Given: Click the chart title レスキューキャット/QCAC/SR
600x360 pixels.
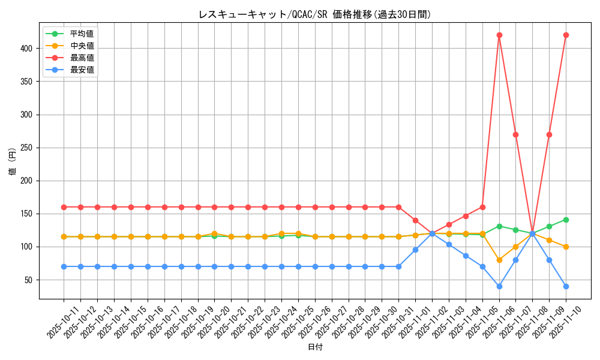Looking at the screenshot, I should coord(314,14).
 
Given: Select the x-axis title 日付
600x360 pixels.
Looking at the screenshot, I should coord(314,347).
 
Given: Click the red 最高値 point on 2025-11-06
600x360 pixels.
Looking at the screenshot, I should coord(499,35).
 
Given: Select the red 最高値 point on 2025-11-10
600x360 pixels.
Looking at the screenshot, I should coord(566,35).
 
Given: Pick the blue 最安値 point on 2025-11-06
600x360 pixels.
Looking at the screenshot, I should coord(499,286).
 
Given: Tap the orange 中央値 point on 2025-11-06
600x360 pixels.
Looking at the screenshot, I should coord(499,260).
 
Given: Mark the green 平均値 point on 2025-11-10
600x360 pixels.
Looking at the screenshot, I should coord(566,220).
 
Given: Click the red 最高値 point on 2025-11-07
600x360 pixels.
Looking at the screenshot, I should coord(515,134).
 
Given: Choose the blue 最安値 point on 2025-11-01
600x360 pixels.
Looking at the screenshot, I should coord(415,250).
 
